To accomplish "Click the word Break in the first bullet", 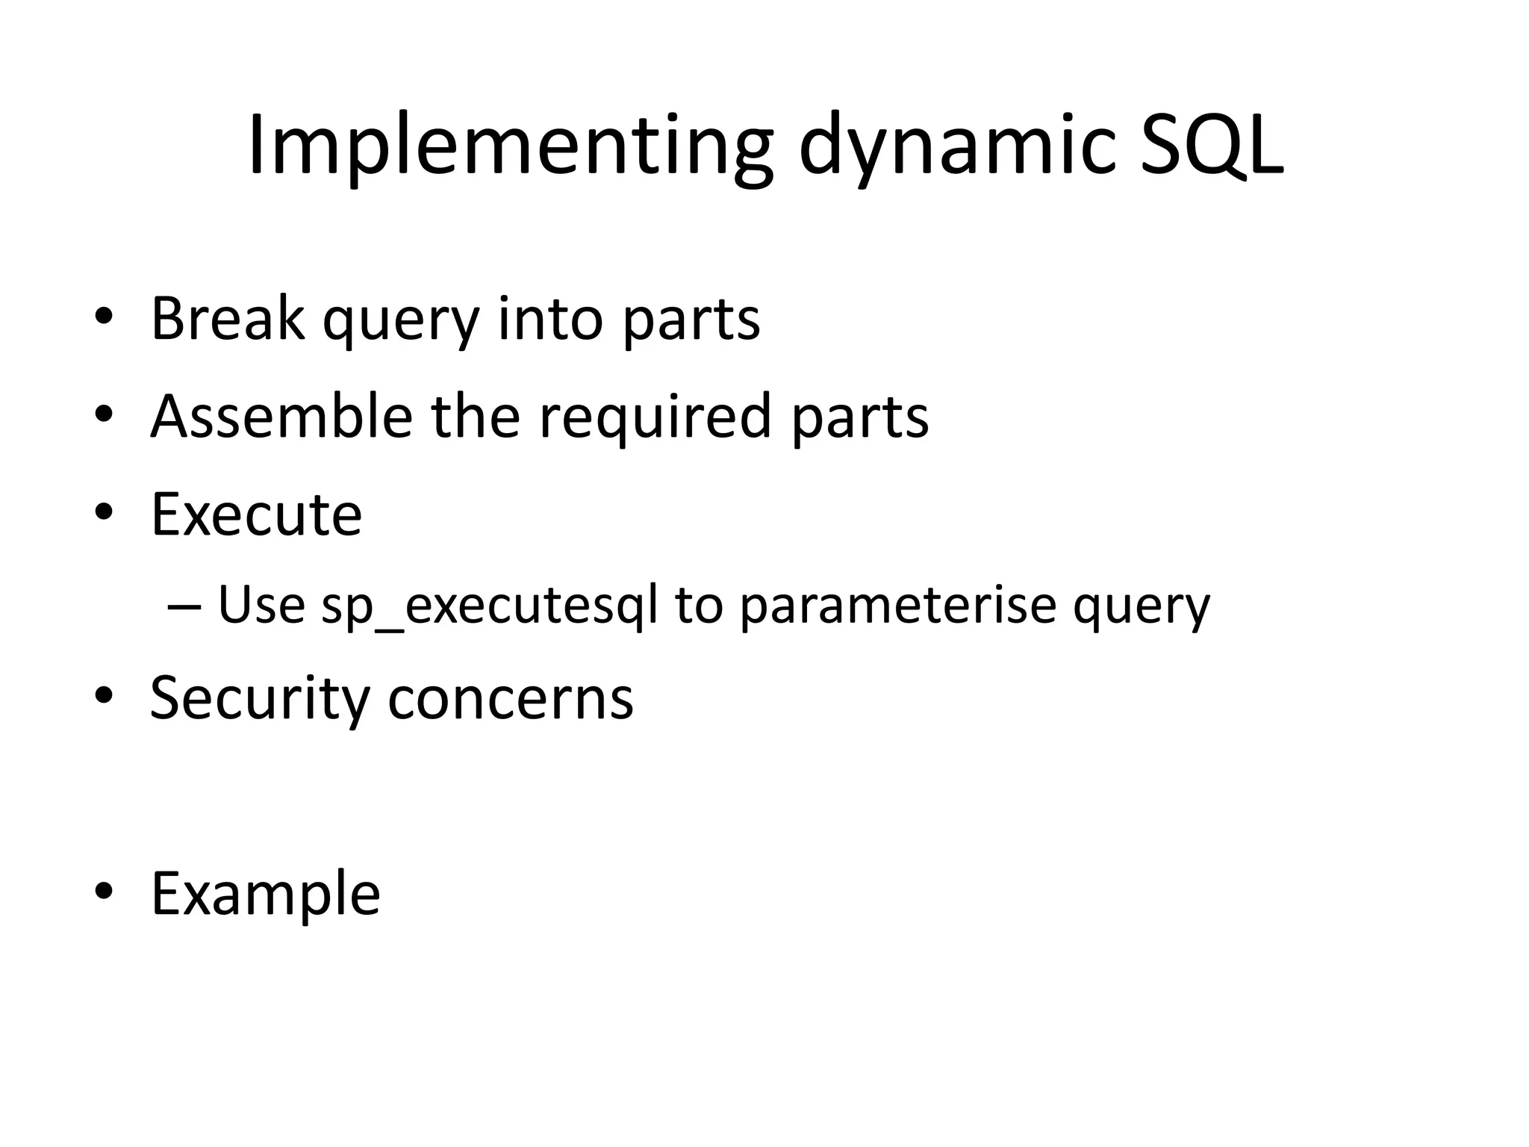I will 228,319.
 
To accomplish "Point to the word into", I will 549,319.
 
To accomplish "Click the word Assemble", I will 281,416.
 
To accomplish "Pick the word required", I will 655,416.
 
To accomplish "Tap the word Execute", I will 256,515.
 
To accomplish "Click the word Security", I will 259,698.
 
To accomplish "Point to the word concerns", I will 511,698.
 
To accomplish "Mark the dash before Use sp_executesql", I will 184,606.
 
